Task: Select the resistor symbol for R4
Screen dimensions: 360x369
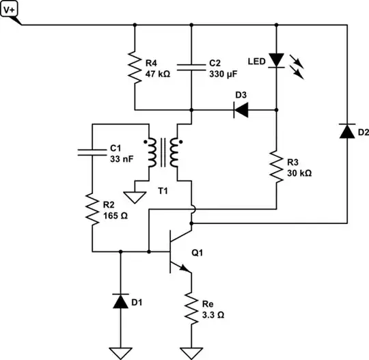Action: (x=134, y=67)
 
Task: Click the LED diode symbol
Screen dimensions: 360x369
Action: (x=276, y=60)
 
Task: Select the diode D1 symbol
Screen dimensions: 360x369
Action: (x=120, y=300)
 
